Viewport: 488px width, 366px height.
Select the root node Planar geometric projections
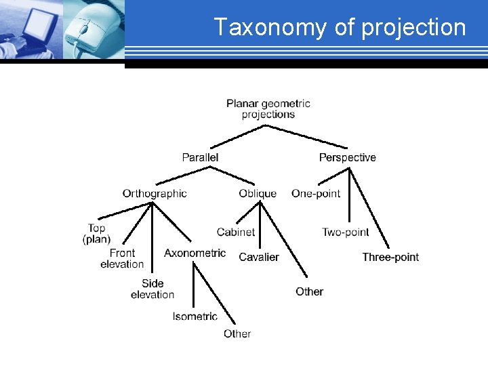[x=268, y=108]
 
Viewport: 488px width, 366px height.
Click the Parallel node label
[x=200, y=157]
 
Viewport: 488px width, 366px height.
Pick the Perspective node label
[x=347, y=157]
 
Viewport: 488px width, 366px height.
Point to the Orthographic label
[x=155, y=193]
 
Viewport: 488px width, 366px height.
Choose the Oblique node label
[x=258, y=193]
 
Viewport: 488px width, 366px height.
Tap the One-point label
[x=316, y=193]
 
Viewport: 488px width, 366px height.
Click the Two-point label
[x=346, y=232]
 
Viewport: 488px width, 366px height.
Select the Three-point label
[x=390, y=257]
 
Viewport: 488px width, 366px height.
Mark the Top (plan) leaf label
[x=96, y=233]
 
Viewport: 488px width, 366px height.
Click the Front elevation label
[x=122, y=258]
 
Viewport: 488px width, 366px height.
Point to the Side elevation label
[x=152, y=289]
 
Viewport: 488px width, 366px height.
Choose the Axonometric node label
[x=195, y=253]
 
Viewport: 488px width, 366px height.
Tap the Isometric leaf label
[x=195, y=316]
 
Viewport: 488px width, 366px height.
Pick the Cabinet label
[x=236, y=232]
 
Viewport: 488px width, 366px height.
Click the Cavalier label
[x=259, y=257]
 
